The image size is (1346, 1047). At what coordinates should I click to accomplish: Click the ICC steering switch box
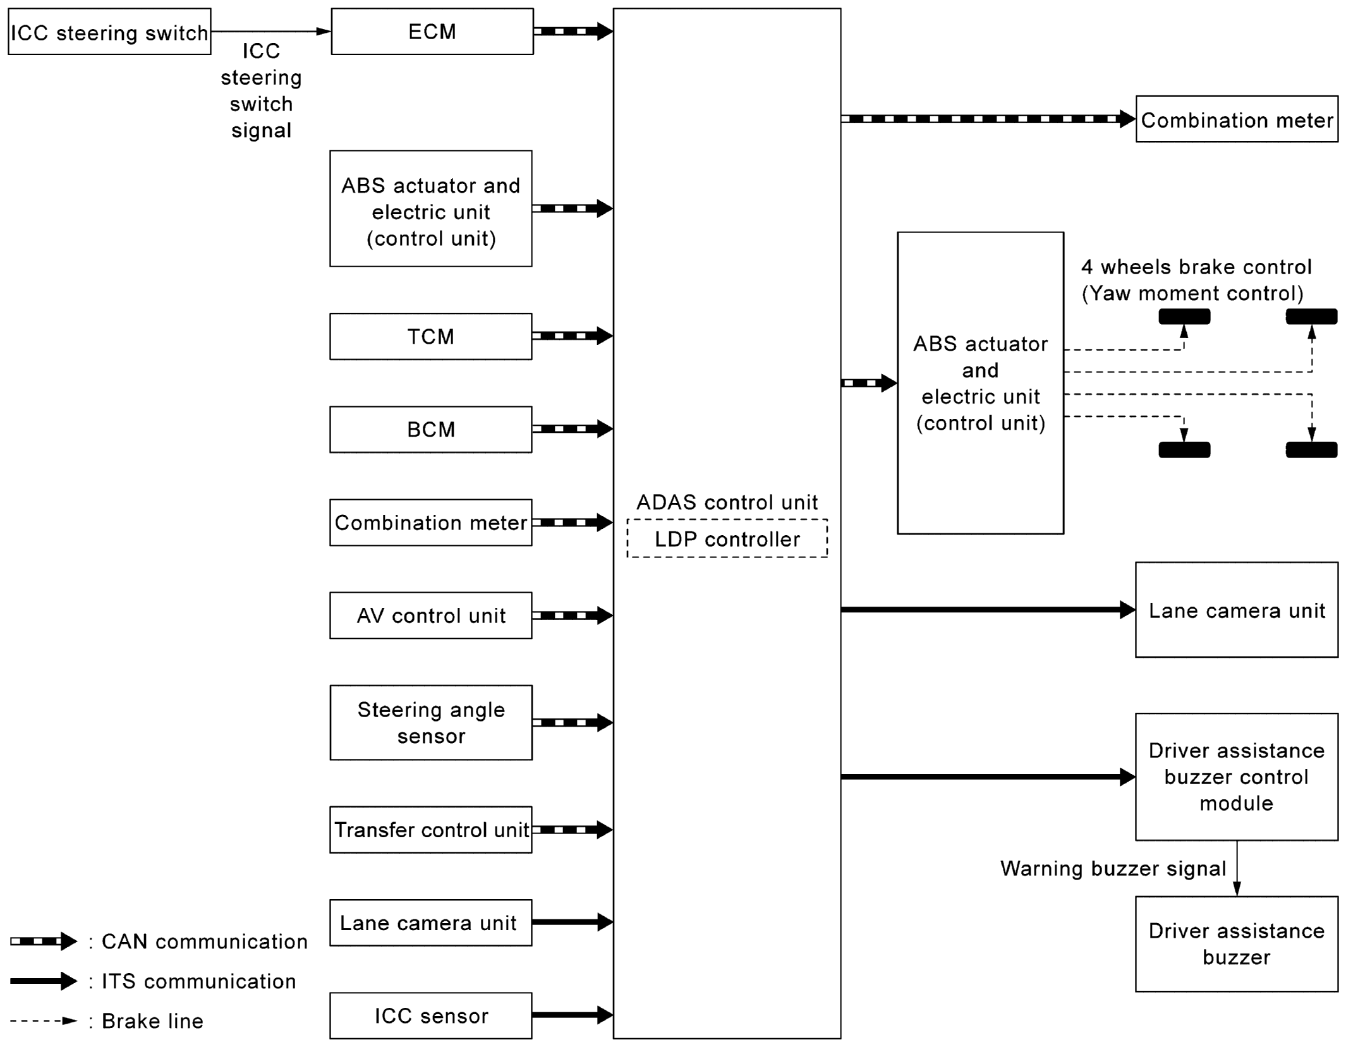[109, 32]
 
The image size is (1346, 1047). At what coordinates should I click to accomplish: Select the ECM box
[432, 32]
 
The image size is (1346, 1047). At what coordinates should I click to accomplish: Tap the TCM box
[430, 336]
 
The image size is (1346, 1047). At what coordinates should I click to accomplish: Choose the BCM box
[430, 430]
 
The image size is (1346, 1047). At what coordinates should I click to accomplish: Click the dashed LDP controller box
[727, 539]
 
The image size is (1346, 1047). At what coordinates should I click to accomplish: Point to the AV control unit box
[430, 615]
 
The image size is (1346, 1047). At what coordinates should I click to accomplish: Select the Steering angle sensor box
[430, 722]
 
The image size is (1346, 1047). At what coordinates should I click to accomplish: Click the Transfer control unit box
[430, 830]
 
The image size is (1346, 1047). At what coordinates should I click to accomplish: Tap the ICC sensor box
[430, 1015]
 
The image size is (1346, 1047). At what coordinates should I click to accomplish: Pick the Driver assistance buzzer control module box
[1236, 777]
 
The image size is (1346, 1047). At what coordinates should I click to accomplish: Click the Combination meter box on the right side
[1237, 119]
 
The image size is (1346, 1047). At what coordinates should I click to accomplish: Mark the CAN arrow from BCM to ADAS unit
[572, 429]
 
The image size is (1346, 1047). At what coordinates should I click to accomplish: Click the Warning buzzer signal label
[1113, 868]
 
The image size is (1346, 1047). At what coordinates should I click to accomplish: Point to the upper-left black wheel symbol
[1184, 317]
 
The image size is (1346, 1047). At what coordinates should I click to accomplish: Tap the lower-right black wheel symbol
[1311, 450]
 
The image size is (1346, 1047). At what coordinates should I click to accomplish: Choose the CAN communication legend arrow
[43, 941]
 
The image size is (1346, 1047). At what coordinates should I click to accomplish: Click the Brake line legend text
[152, 1021]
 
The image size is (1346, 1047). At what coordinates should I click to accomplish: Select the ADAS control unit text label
[727, 502]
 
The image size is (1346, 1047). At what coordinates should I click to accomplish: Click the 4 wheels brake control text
[1196, 267]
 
